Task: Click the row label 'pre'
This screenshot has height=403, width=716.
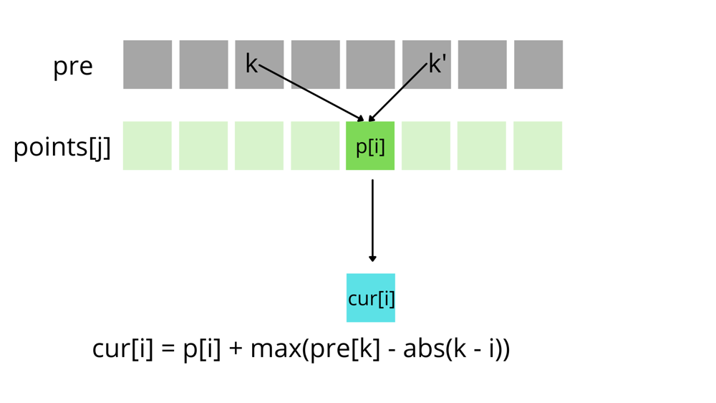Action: pos(73,66)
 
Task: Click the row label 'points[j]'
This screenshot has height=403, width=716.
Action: pos(62,147)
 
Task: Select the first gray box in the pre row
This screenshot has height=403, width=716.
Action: pos(147,65)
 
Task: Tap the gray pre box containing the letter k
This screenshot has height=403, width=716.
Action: pos(259,65)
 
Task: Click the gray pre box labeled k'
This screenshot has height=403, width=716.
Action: pos(427,65)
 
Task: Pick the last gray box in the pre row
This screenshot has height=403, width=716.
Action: pos(538,65)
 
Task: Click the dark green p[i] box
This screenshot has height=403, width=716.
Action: pos(370,146)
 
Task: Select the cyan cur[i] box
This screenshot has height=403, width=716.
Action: pos(371,298)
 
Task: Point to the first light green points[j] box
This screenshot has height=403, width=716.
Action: pos(147,146)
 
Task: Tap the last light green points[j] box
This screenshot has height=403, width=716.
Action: pos(538,146)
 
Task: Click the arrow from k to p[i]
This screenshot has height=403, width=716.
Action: pos(311,93)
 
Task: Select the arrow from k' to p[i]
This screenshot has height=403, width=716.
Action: pos(398,93)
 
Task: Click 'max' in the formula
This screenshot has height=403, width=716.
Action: pos(275,349)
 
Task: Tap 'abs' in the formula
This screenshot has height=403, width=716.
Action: pos(423,349)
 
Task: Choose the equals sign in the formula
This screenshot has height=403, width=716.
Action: pos(168,350)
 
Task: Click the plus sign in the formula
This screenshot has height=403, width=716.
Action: pos(236,350)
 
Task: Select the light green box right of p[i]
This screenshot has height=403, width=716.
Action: pos(426,146)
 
